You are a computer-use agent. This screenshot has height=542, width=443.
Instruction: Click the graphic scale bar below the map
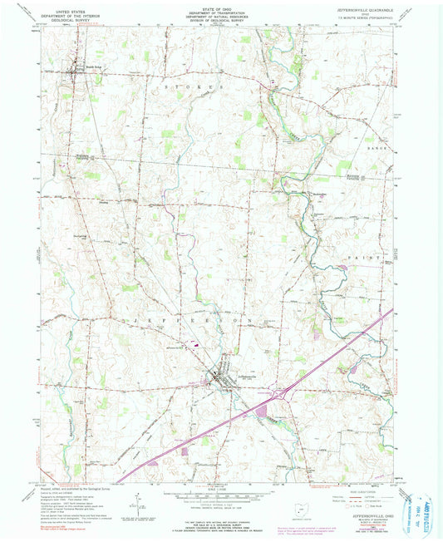pyautogui.click(x=221, y=496)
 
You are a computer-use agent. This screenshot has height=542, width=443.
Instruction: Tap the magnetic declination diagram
pyautogui.click(x=134, y=501)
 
